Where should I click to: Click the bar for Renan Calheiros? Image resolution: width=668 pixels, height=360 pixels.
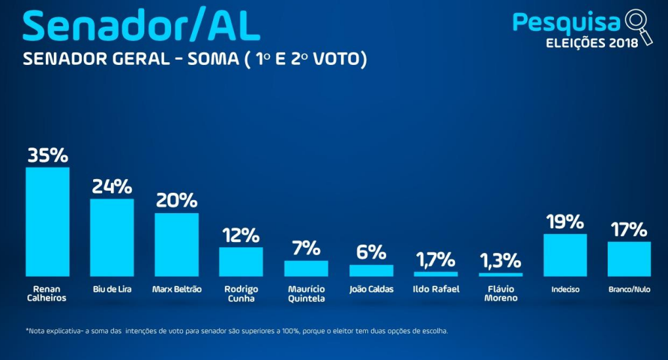(x=47, y=222)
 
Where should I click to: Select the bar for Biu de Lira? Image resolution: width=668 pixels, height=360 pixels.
(x=112, y=237)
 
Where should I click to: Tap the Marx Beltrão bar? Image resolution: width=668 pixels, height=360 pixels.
(x=176, y=245)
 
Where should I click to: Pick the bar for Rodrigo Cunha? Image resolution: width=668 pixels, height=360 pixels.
(x=241, y=261)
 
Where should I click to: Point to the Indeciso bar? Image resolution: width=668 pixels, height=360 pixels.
(x=565, y=254)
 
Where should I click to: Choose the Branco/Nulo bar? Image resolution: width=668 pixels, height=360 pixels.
(x=629, y=258)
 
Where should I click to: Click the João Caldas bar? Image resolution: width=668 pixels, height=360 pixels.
(x=371, y=270)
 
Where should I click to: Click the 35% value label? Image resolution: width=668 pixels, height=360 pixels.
(x=47, y=155)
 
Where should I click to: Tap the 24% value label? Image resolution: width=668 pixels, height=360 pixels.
(x=112, y=187)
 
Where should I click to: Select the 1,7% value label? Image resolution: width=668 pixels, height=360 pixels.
(x=436, y=260)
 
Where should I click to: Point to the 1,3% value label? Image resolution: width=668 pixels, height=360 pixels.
(x=501, y=261)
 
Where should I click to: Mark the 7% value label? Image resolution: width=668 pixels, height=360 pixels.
(x=306, y=249)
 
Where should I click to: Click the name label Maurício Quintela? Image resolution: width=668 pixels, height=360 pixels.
(x=306, y=293)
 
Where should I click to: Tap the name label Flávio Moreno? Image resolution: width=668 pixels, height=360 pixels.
(x=501, y=293)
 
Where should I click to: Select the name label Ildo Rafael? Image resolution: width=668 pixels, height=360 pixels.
(x=436, y=289)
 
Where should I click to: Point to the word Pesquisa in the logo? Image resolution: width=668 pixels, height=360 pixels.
(x=566, y=22)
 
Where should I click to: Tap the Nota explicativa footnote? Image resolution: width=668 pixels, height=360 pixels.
(x=237, y=331)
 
